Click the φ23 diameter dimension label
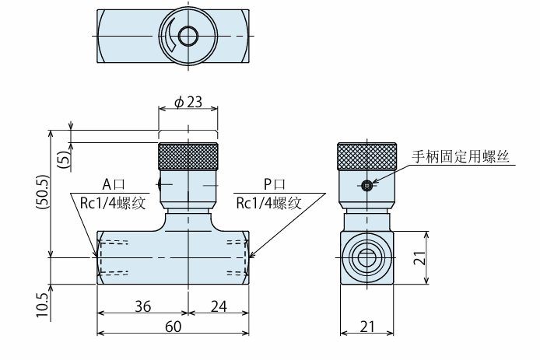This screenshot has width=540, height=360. (x=188, y=102)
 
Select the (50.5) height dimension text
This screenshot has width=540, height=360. (x=43, y=192)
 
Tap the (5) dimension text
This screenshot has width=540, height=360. (x=64, y=159)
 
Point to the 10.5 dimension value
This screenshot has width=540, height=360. (x=43, y=306)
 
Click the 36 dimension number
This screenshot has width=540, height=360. (x=142, y=306)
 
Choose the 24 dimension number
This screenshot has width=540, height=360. (x=219, y=306)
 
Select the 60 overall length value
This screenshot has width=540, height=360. (x=174, y=327)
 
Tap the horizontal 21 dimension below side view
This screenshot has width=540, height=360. (x=367, y=327)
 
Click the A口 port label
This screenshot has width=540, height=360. (x=114, y=185)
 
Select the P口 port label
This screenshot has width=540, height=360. (x=274, y=185)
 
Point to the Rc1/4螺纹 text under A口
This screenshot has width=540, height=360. (x=113, y=203)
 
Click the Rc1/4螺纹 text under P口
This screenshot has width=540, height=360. (x=269, y=203)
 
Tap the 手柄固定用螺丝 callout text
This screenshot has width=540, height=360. (x=461, y=156)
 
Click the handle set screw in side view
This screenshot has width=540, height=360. (x=366, y=186)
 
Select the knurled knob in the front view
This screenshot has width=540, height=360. (x=188, y=156)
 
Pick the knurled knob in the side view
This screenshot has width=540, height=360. (x=366, y=156)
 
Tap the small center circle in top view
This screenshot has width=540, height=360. (x=188, y=36)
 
